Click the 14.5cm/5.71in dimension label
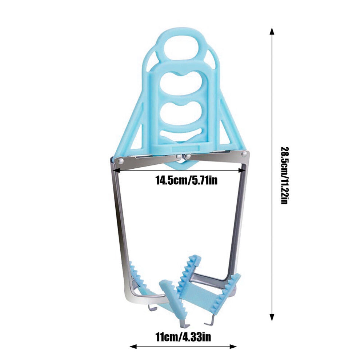point(187,180)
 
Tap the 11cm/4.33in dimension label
point(183,337)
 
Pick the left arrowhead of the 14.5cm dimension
point(116,170)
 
